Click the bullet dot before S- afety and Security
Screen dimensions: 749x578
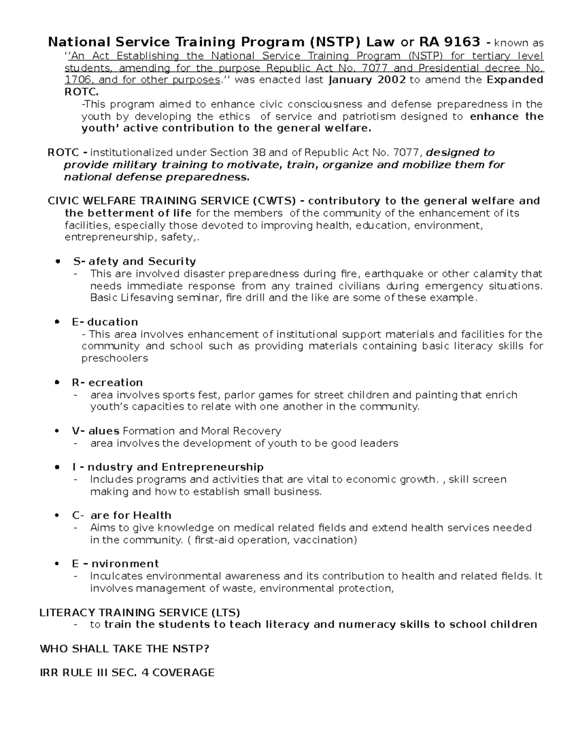pyautogui.click(x=58, y=261)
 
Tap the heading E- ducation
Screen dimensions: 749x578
pyautogui.click(x=105, y=322)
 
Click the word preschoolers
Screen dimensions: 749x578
pyautogui.click(x=114, y=358)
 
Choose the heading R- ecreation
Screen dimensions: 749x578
pyautogui.click(x=107, y=382)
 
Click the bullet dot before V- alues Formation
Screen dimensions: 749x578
pyautogui.click(x=58, y=431)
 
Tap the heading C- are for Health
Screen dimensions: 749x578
pyautogui.click(x=121, y=515)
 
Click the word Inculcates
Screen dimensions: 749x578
pyautogui.click(x=116, y=576)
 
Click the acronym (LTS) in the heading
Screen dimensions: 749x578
pyautogui.click(x=225, y=613)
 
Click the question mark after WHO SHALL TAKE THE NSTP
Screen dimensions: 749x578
pyautogui.click(x=206, y=649)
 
